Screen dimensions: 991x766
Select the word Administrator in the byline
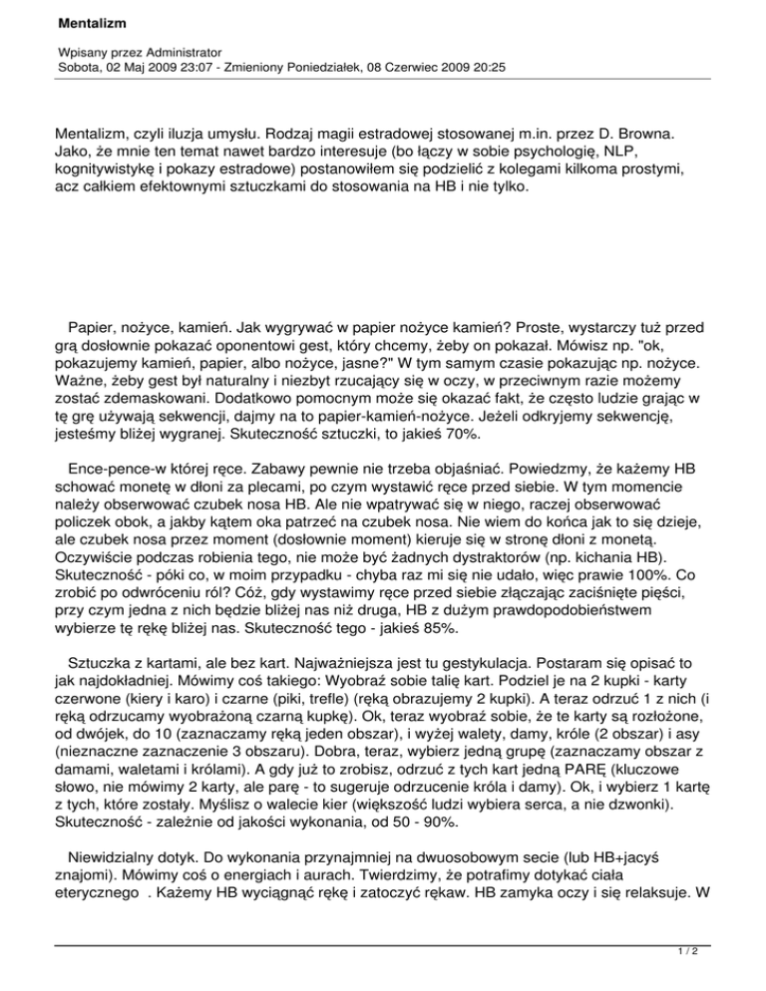pyautogui.click(x=177, y=50)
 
